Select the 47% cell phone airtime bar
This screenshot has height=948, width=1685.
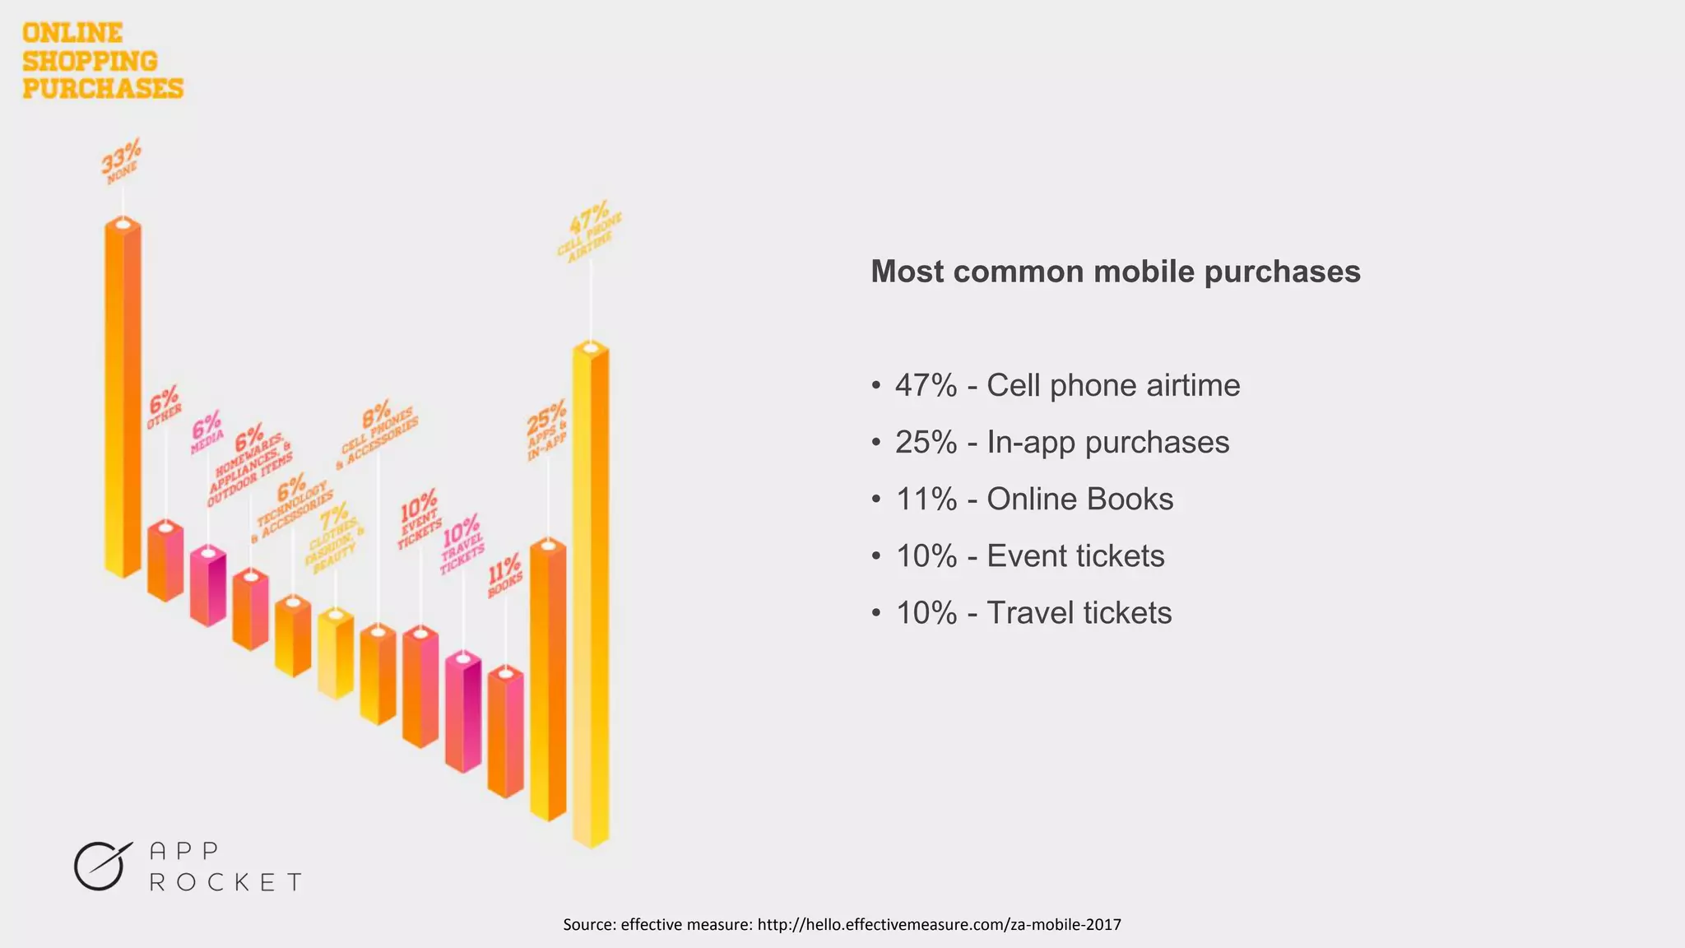click(x=591, y=592)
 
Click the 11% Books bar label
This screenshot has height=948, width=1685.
click(x=504, y=576)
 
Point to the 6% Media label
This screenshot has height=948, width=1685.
click(x=207, y=432)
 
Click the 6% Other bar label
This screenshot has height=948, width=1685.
click(x=164, y=407)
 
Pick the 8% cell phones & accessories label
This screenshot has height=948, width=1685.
click(x=378, y=434)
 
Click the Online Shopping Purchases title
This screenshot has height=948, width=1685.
click(x=102, y=61)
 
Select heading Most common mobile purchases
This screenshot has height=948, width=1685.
click(x=1115, y=272)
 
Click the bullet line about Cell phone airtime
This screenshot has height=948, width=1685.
click(x=1066, y=385)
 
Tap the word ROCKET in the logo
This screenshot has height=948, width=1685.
click(x=225, y=882)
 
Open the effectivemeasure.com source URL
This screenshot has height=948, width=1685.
click(x=939, y=924)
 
